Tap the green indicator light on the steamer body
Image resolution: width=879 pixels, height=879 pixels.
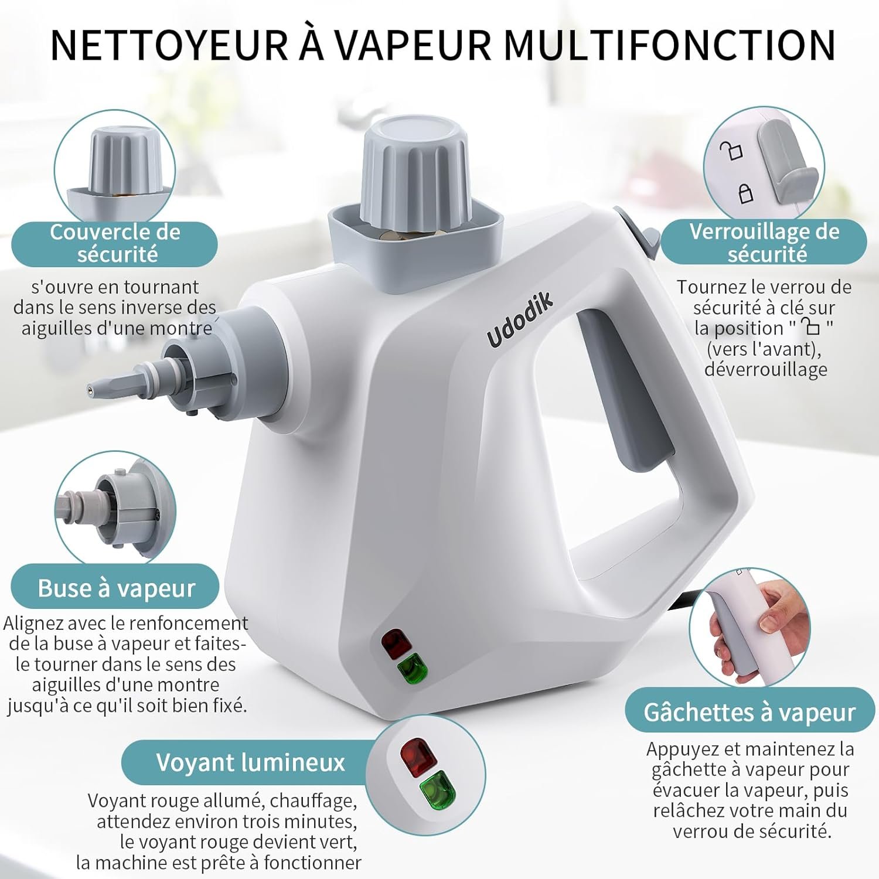coord(413,668)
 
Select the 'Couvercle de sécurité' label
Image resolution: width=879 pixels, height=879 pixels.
coord(115,243)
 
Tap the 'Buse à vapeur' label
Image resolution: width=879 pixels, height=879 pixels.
coord(115,588)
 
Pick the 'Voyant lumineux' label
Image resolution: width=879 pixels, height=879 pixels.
coord(251,762)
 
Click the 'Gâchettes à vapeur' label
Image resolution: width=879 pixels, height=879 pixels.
coord(749,712)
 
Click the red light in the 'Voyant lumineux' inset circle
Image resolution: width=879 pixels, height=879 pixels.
coord(418,757)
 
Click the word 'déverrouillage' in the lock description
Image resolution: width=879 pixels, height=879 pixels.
coord(765,369)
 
